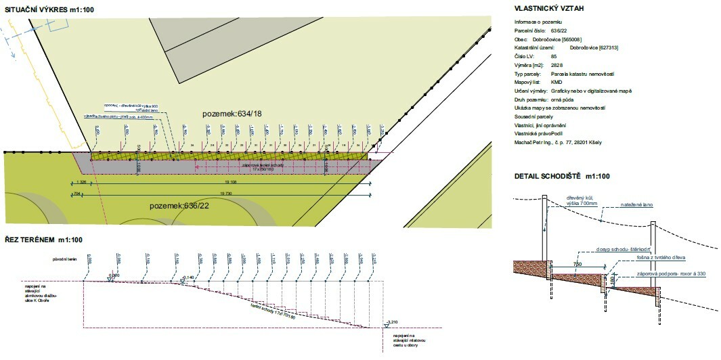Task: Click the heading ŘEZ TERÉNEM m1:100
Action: pos(41,240)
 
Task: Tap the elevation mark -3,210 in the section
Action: pos(390,322)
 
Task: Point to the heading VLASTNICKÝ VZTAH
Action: pos(549,9)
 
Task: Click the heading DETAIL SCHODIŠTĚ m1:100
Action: pos(562,177)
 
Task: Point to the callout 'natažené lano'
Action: pos(638,204)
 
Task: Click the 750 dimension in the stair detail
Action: pos(577,264)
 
